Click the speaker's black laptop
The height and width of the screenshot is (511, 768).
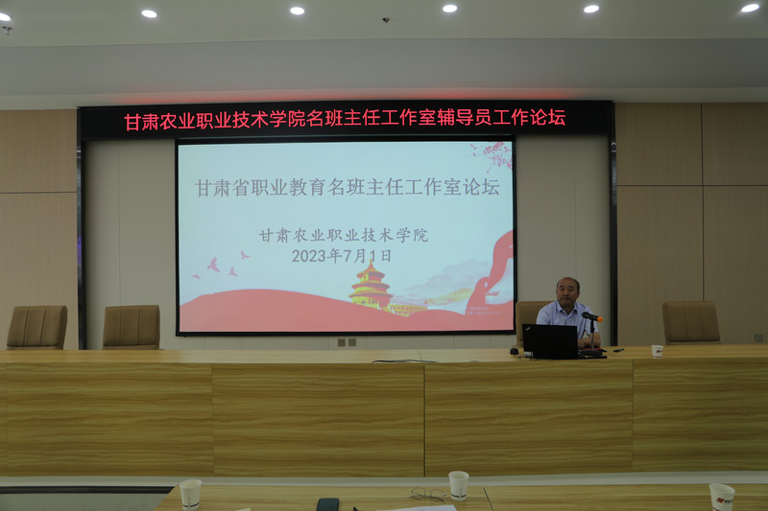tap(550, 341)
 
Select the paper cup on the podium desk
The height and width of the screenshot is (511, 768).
tap(657, 351)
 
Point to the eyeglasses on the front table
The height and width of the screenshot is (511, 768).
tap(428, 495)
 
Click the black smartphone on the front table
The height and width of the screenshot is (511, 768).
tap(327, 503)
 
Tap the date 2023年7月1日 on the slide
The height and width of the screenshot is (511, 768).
tap(342, 256)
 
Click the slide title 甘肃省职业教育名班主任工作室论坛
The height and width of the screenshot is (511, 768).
tap(347, 188)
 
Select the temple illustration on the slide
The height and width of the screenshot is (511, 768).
tap(372, 287)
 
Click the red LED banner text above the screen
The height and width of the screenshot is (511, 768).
tap(345, 120)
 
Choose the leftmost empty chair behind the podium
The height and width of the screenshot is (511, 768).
tap(37, 327)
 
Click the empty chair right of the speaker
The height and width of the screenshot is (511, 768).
tap(690, 322)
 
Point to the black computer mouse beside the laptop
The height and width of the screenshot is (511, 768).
tap(515, 352)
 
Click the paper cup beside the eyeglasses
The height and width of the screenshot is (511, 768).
tap(459, 484)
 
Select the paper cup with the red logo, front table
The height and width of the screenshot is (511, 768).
tap(722, 496)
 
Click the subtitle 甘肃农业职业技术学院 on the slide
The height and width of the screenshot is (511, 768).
tap(343, 235)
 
